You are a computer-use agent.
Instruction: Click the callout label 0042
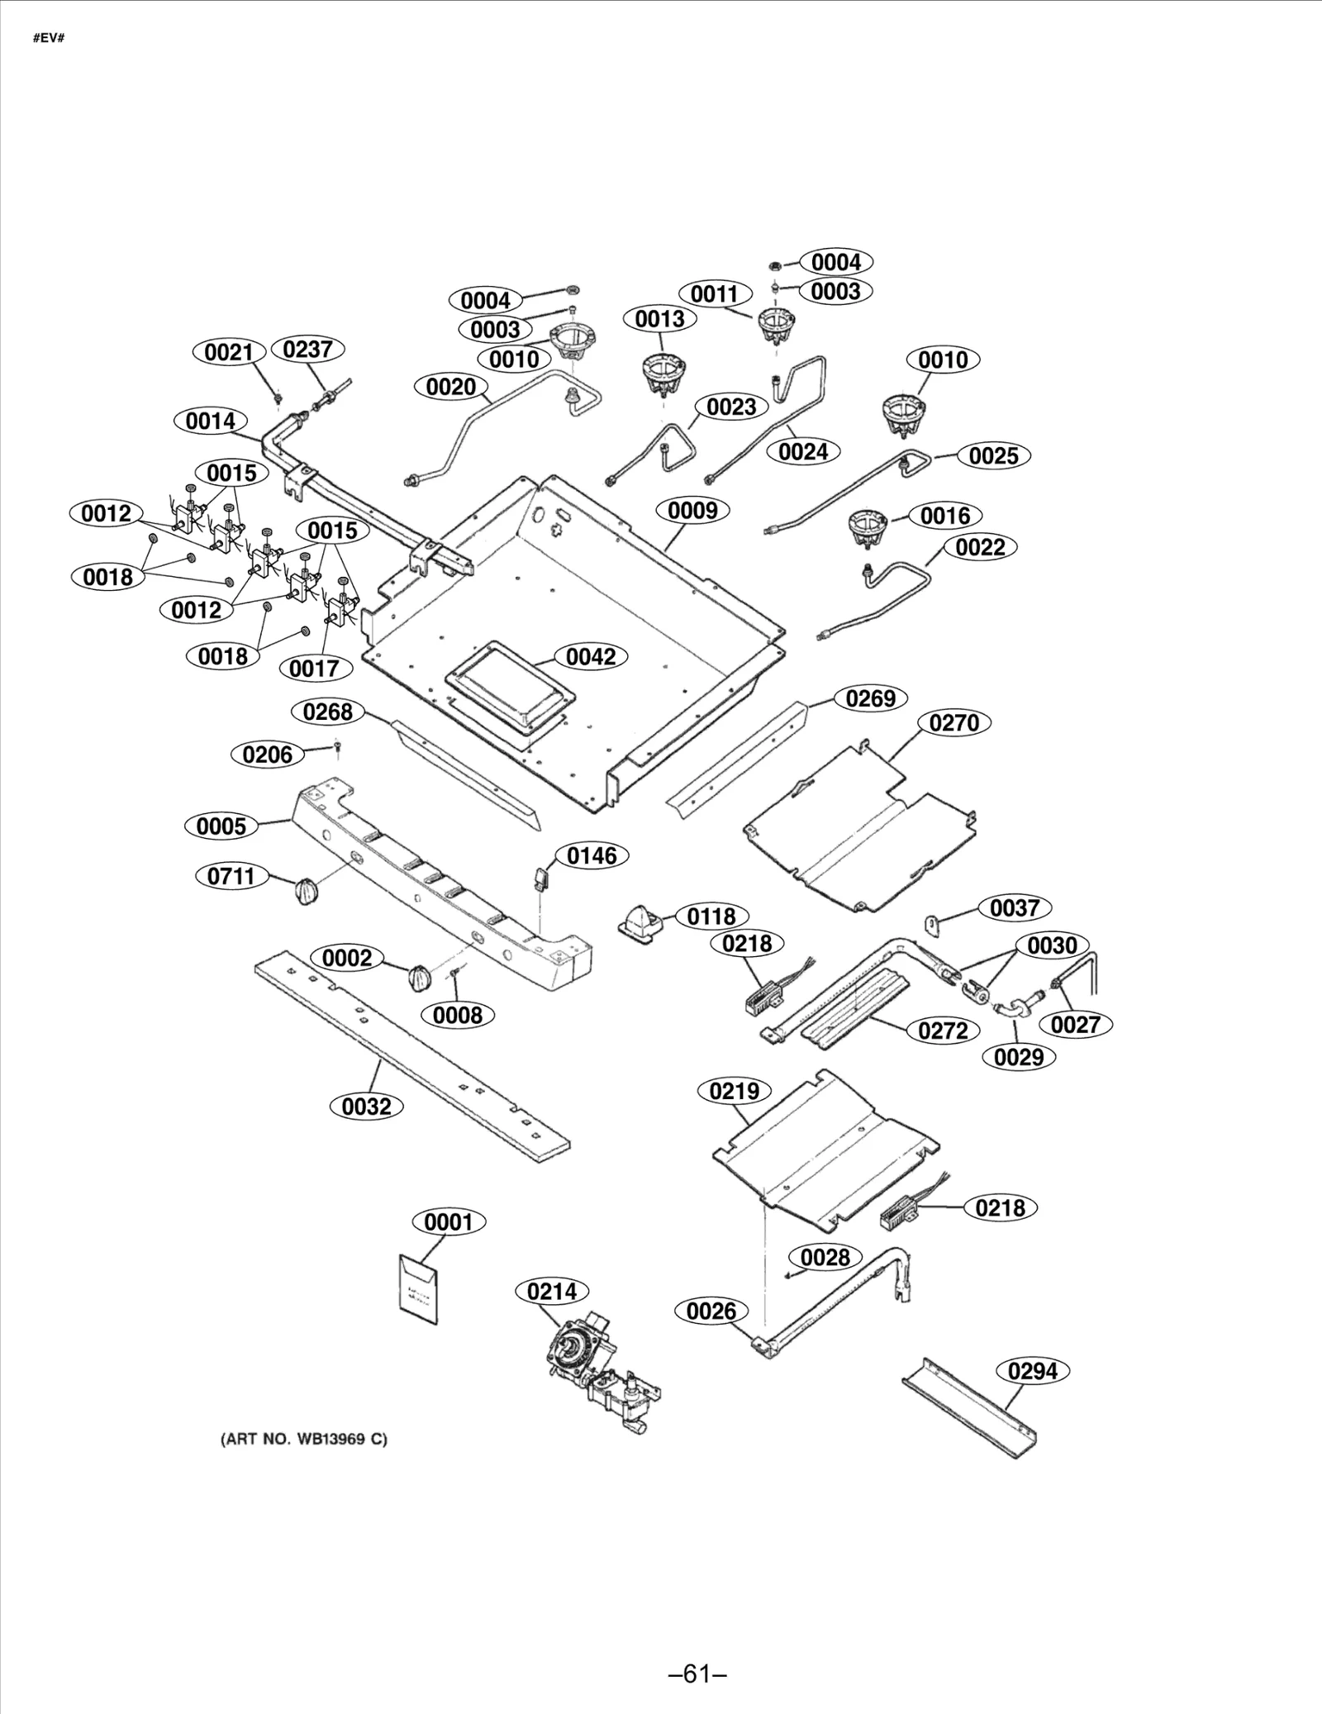click(592, 656)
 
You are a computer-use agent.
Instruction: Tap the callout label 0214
click(552, 1291)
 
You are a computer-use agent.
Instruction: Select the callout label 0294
click(1033, 1371)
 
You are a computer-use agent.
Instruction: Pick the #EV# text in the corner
click(48, 39)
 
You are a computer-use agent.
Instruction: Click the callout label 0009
click(692, 510)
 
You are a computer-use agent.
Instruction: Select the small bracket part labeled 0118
click(642, 919)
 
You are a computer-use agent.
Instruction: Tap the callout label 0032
click(366, 1106)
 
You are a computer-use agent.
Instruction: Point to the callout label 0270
click(953, 722)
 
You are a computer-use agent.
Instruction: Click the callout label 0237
click(307, 350)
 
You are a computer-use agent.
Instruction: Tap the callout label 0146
click(592, 855)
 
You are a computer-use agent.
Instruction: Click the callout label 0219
click(735, 1091)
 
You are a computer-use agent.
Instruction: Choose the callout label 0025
click(993, 455)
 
